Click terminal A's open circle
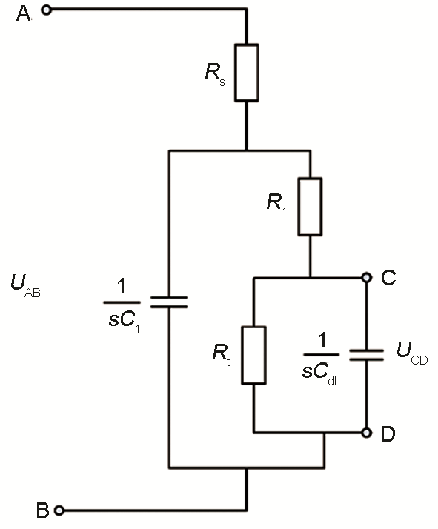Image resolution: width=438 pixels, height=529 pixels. click(48, 10)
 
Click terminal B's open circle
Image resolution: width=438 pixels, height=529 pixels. click(59, 510)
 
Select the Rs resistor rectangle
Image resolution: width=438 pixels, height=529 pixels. click(247, 72)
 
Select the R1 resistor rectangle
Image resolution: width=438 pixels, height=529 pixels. click(311, 207)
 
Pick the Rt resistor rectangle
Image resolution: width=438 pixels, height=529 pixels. click(254, 354)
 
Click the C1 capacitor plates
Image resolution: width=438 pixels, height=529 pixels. click(169, 302)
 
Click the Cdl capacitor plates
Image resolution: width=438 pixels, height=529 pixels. click(366, 354)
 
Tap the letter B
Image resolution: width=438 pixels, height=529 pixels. click(42, 510)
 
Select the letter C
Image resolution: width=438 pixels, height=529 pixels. click(388, 278)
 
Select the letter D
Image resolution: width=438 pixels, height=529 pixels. click(388, 434)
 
